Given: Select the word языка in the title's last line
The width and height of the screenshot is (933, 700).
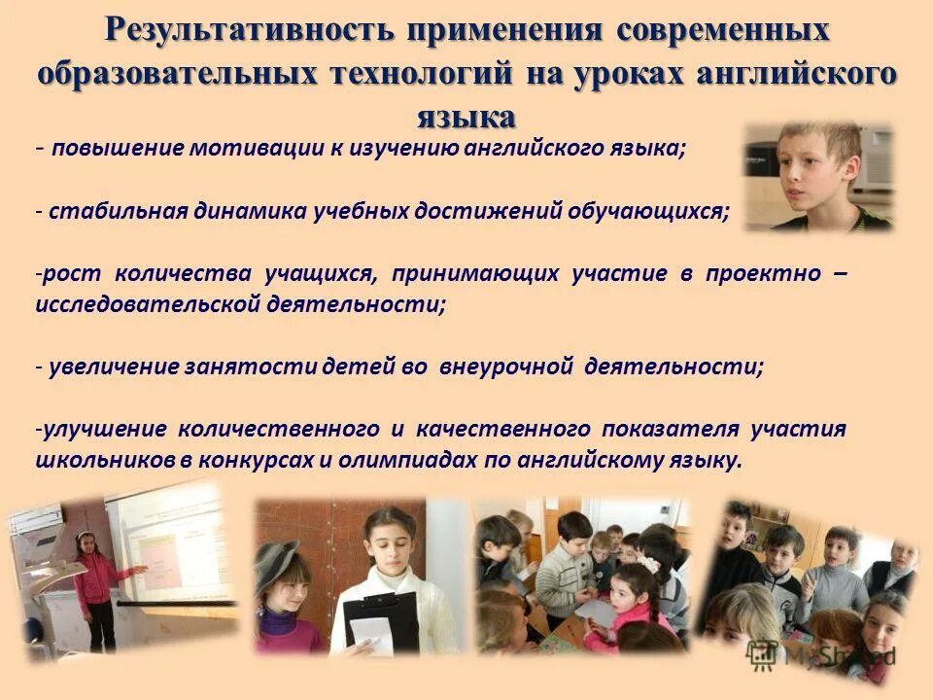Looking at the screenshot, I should click(466, 117).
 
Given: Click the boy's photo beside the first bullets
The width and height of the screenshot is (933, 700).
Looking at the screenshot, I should click(818, 178).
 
